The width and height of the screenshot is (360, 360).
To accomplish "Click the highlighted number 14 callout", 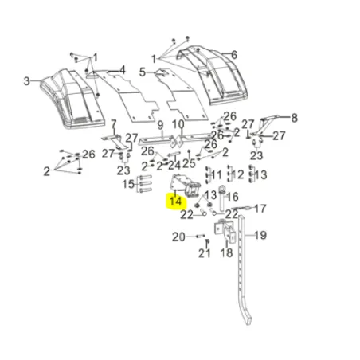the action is (175, 202).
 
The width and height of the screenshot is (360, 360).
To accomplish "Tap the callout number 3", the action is (26, 81).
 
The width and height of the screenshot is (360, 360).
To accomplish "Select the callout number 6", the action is (234, 55).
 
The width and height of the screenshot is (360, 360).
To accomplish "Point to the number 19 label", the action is (260, 235).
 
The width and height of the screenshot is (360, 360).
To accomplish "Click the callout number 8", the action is (294, 118).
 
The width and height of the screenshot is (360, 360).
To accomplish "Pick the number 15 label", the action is (128, 184).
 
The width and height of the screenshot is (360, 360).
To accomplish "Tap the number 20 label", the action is (178, 237).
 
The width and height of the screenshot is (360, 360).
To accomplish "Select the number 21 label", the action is (205, 253).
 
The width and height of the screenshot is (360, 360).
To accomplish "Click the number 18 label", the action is (227, 253).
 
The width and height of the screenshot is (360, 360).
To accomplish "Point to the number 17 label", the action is (260, 209).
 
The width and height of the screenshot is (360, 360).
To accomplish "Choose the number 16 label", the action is (233, 197).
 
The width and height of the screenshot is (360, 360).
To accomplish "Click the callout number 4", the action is (122, 70).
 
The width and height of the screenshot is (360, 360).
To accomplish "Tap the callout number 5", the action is (143, 72).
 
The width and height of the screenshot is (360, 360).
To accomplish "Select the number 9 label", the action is (160, 125).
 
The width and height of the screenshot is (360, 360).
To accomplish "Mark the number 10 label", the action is (178, 124).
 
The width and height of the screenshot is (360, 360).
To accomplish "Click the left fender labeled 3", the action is (72, 98).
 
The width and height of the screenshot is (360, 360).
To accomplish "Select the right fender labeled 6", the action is (213, 75).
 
